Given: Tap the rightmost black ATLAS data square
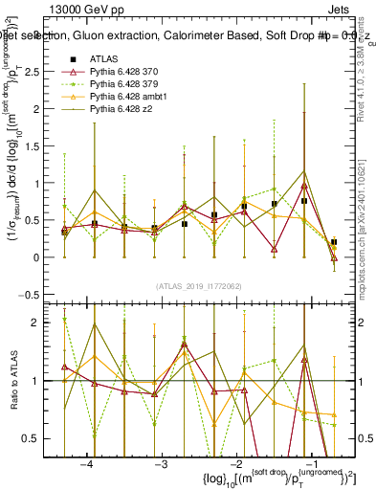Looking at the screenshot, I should click(x=333, y=243).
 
